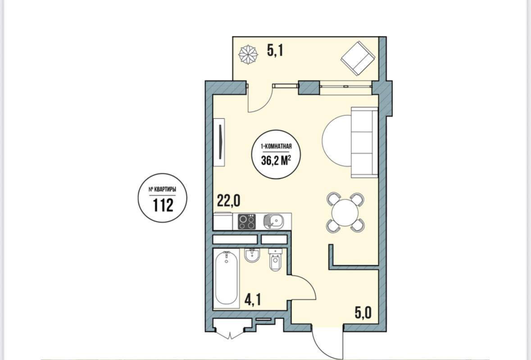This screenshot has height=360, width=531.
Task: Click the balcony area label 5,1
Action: coord(275,51)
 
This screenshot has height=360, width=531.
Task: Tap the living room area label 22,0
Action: coord(229,201)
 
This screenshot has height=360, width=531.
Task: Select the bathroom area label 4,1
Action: coord(253,300)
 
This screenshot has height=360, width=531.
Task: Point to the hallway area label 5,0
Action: coord(363,313)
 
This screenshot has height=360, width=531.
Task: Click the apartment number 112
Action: coord(163,205)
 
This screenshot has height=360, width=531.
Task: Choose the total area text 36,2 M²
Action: coord(277,160)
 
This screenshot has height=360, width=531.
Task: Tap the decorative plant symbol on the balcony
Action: coord(248,54)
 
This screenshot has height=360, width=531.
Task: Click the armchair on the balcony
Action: coord(358,58)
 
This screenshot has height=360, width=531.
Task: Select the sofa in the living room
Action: coord(364,142)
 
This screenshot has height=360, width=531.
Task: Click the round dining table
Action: coord(345,212)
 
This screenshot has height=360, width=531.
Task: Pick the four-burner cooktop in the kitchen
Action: coord(246,222)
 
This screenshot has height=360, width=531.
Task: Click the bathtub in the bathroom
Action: coord(227,279)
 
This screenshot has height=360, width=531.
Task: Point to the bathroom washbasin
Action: coord(252,256)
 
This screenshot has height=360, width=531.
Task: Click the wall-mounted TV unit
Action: coord(219,142)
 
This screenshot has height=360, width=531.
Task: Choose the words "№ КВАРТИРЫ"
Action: coord(163,190)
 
